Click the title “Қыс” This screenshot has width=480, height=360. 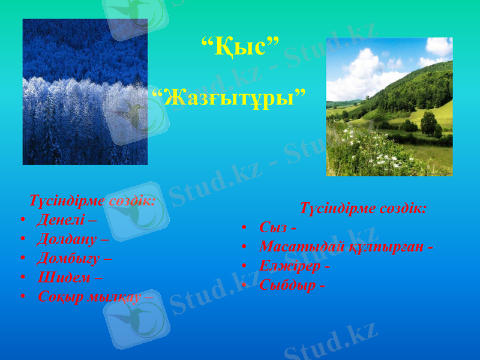point(239,46)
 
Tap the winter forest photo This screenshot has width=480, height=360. point(85,92)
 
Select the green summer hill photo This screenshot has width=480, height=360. point(389,107)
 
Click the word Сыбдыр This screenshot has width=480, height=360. point(287,285)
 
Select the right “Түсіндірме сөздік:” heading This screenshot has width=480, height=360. point(363,209)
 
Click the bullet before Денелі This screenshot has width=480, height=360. point(22,220)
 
